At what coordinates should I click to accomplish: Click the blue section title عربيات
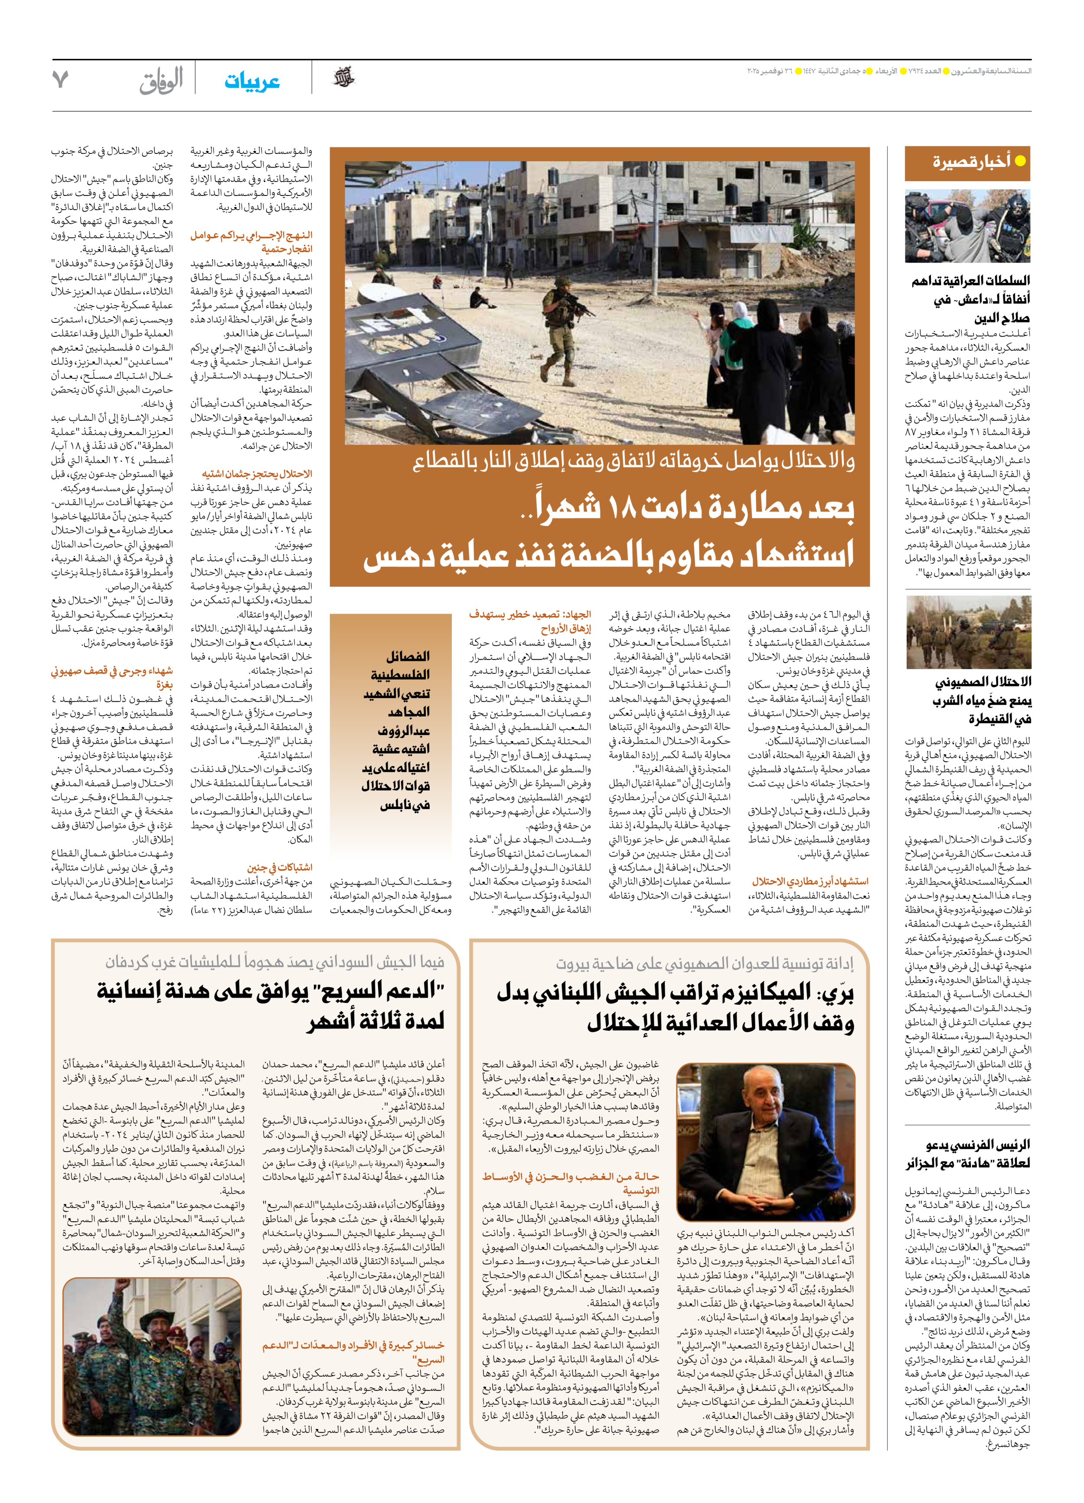(252, 81)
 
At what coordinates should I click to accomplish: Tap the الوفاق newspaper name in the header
(161, 81)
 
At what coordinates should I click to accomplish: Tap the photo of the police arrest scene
(967, 226)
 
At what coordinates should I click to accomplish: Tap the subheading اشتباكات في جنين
(279, 867)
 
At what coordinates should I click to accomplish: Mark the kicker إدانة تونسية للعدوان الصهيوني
(704, 963)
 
